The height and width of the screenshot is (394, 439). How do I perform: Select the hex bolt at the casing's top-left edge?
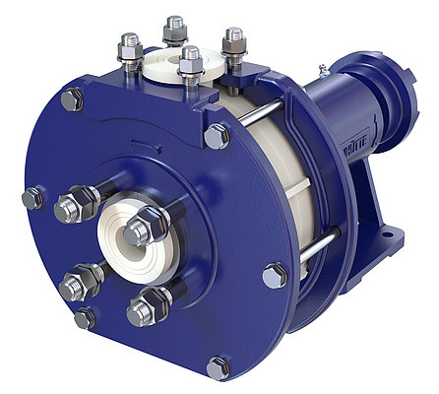pos(72,99)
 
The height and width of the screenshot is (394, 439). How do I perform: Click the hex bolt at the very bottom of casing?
pos(218,367)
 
